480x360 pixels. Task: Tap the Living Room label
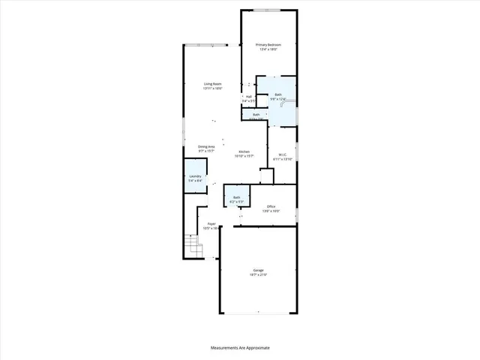pyautogui.click(x=212, y=83)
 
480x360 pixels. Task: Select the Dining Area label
pyautogui.click(x=206, y=146)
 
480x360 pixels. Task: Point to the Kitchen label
pyautogui.click(x=244, y=151)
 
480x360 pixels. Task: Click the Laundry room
pyautogui.click(x=195, y=178)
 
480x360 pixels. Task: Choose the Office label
pyautogui.click(x=271, y=206)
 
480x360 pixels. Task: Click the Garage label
pyautogui.click(x=258, y=270)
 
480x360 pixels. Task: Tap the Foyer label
pyautogui.click(x=212, y=223)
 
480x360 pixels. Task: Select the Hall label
pyautogui.click(x=248, y=96)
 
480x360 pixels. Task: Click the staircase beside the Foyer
pyautogui.click(x=193, y=245)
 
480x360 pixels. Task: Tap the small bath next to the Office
pyautogui.click(x=235, y=199)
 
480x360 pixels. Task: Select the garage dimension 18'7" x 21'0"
pyautogui.click(x=258, y=275)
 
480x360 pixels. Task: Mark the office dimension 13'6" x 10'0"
pyautogui.click(x=271, y=211)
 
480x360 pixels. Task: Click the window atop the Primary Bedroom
pyautogui.click(x=268, y=10)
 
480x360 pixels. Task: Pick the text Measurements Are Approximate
pyautogui.click(x=239, y=348)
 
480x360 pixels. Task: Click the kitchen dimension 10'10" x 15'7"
pyautogui.click(x=244, y=156)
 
